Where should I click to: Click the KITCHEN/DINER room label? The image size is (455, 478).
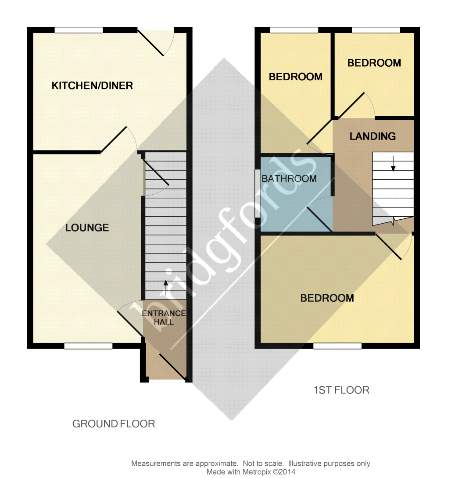point(92,86)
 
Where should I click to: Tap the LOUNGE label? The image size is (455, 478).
point(87,228)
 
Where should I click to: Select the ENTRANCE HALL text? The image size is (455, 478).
point(164,317)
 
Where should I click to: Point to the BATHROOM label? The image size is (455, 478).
point(289,178)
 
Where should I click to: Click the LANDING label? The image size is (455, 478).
point(373,136)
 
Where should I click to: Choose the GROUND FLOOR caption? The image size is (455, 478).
point(114,424)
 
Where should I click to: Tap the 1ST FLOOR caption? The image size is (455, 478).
point(341,390)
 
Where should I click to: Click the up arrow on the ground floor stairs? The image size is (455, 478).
point(165,288)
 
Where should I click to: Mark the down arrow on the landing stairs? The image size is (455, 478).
point(393,164)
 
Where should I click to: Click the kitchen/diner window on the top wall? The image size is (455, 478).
point(79,30)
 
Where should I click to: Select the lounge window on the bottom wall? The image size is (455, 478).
point(89,346)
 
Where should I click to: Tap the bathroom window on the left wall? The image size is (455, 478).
point(258,193)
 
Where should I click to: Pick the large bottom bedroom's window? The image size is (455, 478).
point(337,346)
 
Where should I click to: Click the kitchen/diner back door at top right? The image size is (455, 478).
point(150,43)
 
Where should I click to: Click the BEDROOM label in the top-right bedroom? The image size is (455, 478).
point(374,63)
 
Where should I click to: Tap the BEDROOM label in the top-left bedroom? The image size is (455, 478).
point(295,77)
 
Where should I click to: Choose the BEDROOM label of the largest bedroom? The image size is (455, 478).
point(327,298)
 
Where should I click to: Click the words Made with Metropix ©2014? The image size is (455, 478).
point(251,472)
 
